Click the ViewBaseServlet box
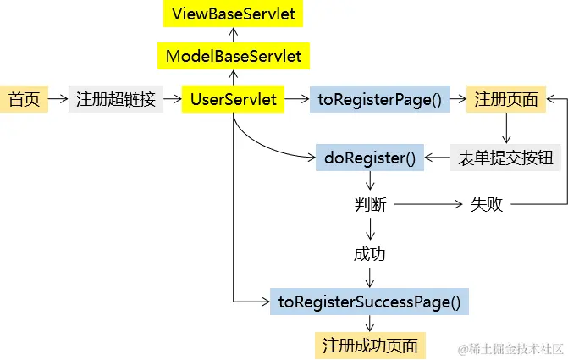[x=233, y=14]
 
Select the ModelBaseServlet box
[x=233, y=57]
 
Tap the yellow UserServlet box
[x=233, y=99]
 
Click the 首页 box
[x=24, y=99]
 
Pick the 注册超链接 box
[x=116, y=99]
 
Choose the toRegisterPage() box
[x=380, y=99]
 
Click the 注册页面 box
[x=506, y=99]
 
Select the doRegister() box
[x=370, y=158]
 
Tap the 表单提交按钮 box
[x=505, y=158]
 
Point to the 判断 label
[x=370, y=204]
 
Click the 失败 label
[x=487, y=204]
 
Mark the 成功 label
[x=370, y=253]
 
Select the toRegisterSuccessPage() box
[x=369, y=301]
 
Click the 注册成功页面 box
[x=370, y=346]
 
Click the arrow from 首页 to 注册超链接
[x=58, y=99]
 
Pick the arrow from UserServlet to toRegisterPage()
[x=297, y=99]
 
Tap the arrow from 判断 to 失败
[x=427, y=204]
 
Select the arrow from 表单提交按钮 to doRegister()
[x=437, y=158]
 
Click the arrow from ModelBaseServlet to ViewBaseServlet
[x=233, y=35]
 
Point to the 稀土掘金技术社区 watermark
[x=510, y=348]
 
